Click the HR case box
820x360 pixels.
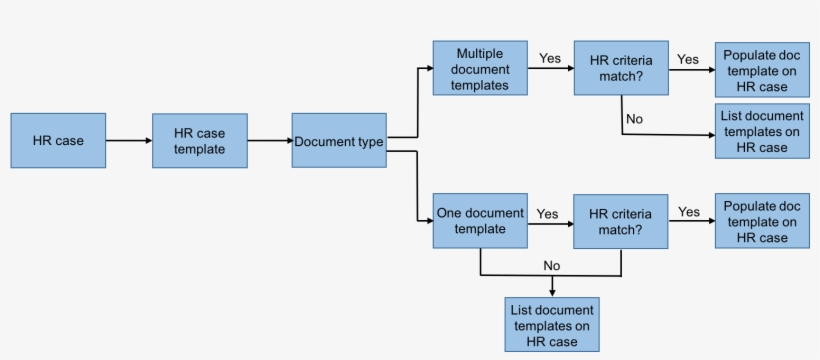(58, 140)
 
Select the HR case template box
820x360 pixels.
(199, 141)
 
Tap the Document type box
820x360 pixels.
(339, 141)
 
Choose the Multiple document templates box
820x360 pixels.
(480, 68)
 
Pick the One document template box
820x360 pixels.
(480, 221)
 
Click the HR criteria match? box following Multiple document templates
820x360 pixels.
(620, 68)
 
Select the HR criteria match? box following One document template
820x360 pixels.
(620, 221)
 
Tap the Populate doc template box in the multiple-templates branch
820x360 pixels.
(761, 69)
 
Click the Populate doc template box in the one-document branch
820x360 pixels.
(761, 221)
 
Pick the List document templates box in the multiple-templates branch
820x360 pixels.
(761, 131)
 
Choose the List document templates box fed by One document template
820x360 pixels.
(552, 324)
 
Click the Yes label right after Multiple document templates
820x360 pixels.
(550, 58)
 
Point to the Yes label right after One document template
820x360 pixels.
(547, 213)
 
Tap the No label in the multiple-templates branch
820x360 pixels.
(634, 119)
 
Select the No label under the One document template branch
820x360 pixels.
(551, 265)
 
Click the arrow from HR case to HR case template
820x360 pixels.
(129, 141)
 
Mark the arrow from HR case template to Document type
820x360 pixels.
(269, 141)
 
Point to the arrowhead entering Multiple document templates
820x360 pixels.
(428, 68)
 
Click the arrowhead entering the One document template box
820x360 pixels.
(428, 221)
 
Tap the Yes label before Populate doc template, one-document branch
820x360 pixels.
(688, 211)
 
